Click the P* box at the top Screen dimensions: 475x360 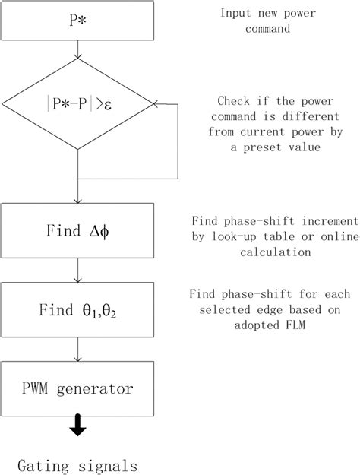(78, 20)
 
